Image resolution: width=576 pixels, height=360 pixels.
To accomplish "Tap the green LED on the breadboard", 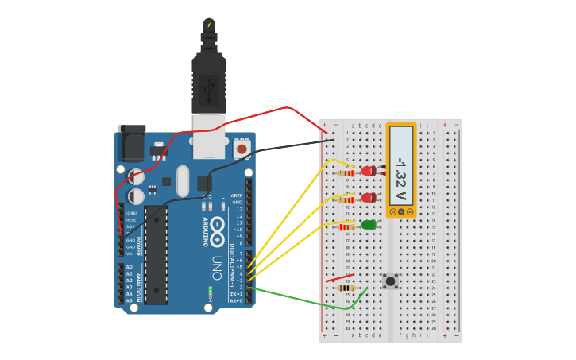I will tap(369, 225).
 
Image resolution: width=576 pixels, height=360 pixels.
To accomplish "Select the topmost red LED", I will tap(369, 170).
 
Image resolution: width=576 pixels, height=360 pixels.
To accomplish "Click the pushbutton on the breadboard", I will tap(390, 281).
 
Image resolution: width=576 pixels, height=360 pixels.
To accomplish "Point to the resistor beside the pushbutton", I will tap(346, 288).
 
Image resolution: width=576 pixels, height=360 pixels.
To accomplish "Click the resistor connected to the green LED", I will tap(346, 226).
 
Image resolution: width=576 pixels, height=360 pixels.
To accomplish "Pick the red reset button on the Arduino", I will tap(242, 149).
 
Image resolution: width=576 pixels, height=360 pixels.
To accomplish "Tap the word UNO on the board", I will tap(216, 262).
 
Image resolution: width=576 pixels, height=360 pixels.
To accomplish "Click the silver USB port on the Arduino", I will tap(209, 137).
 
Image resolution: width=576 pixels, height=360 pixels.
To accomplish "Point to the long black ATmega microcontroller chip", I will tap(157, 254).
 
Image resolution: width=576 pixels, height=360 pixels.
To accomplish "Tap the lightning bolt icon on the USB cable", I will tap(209, 25).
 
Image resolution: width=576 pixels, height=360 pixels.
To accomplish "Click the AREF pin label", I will tap(237, 195).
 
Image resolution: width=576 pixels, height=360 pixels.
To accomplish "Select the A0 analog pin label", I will tap(130, 267).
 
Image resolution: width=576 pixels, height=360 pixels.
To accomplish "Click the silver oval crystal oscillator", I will tap(183, 180).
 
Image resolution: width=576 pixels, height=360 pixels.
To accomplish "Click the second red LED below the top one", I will tap(369, 198).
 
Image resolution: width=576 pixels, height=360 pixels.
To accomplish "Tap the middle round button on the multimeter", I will tap(401, 212).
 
